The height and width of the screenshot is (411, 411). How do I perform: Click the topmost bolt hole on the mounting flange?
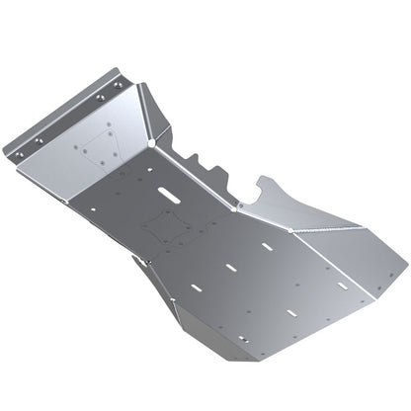[120, 85]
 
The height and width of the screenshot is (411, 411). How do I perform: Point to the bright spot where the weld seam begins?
[290, 229]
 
